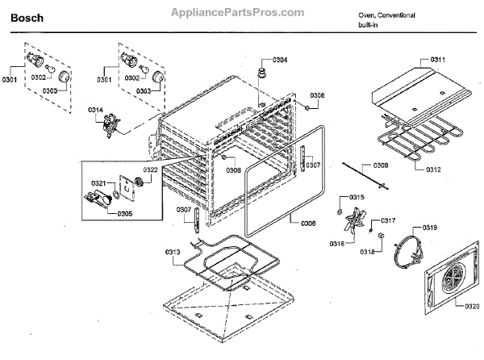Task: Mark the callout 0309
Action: click(x=381, y=165)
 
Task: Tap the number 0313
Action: click(x=171, y=251)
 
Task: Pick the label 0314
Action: click(x=95, y=109)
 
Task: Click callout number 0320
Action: click(x=474, y=306)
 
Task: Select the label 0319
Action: click(x=429, y=228)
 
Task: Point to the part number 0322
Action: click(x=151, y=170)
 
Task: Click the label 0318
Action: click(x=367, y=253)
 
